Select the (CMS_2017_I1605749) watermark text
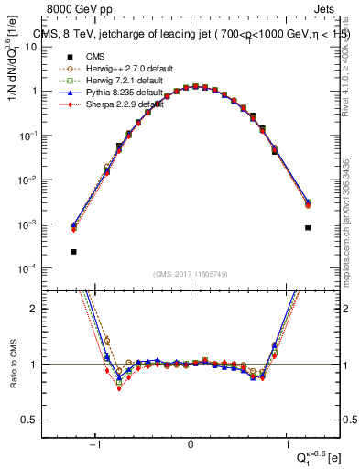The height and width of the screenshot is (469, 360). tap(191, 274)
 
